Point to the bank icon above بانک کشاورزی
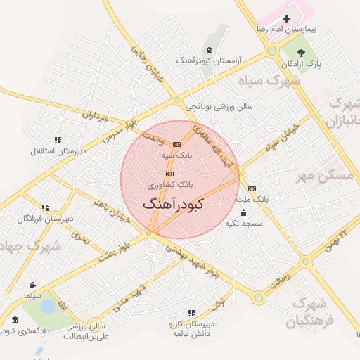point(169,173)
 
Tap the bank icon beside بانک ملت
point(252,188)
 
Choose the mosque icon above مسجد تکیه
point(243,213)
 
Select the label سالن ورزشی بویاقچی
point(219,108)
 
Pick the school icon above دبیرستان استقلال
point(57,140)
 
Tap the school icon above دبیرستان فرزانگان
point(45,208)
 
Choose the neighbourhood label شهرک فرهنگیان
point(310,313)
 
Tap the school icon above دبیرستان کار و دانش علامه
point(191,313)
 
